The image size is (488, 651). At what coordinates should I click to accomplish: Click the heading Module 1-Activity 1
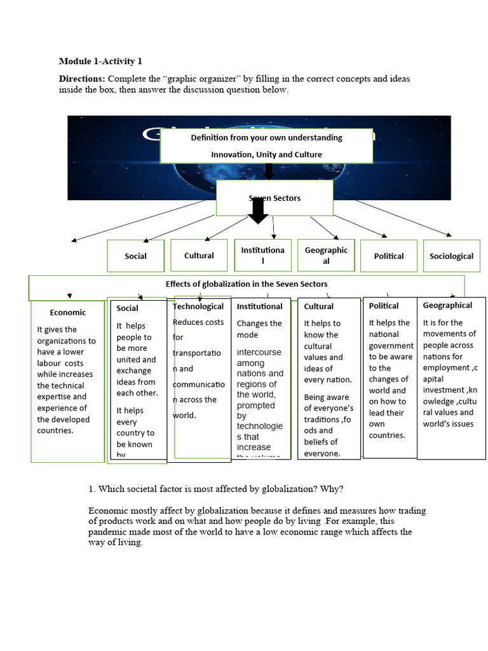pos(100,61)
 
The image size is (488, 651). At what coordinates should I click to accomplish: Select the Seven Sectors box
pos(274,198)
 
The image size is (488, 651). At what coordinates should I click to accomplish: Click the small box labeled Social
pos(135,256)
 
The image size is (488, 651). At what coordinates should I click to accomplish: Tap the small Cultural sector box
pos(199,256)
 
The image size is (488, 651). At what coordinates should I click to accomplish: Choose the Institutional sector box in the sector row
pos(262,256)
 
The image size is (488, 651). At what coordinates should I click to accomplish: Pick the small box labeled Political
pos(389,256)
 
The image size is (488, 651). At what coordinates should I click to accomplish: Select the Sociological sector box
pos(451,256)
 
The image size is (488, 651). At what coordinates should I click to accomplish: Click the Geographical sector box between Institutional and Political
pos(326,256)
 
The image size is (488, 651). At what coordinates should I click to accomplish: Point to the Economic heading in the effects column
pos(67,312)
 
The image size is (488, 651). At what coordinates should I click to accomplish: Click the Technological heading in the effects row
pos(198,306)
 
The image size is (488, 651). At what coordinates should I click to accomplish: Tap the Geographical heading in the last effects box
pos(447,305)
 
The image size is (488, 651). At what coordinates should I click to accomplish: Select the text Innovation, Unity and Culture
pos(266,154)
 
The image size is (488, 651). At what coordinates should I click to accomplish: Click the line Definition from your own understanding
pos(266,137)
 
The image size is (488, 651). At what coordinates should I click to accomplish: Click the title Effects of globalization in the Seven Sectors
pos(247,284)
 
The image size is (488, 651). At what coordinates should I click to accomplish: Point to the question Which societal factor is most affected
pos(216,489)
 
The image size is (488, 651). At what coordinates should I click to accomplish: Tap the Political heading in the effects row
pos(384,306)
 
